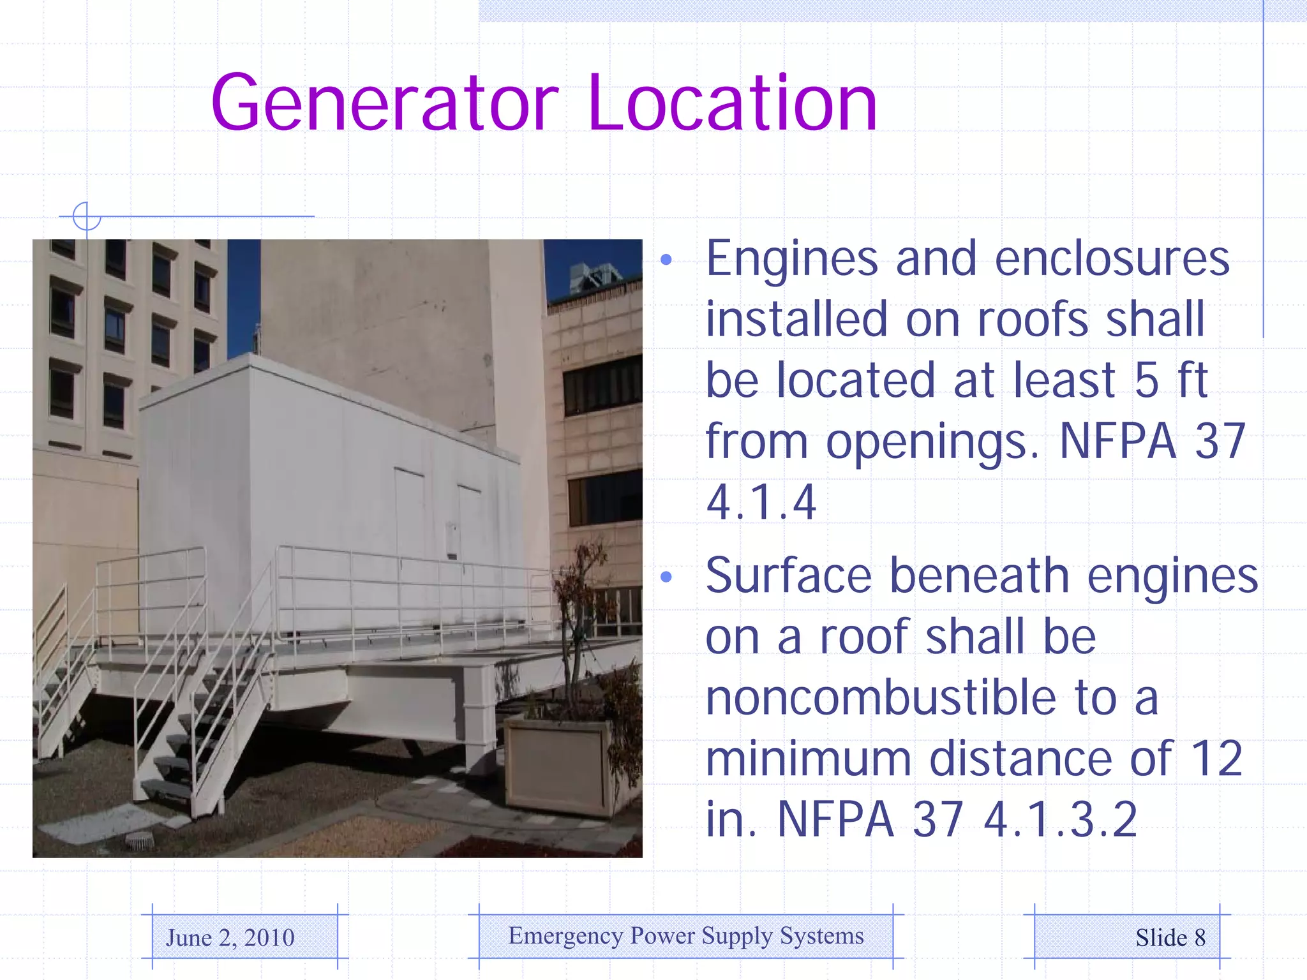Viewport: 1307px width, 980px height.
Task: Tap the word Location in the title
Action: pos(733,103)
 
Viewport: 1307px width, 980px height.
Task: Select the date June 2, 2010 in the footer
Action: pos(230,938)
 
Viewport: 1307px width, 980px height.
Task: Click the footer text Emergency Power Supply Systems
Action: pos(686,936)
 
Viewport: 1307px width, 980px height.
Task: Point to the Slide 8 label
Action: pos(1170,938)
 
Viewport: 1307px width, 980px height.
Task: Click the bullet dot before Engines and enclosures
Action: pos(666,260)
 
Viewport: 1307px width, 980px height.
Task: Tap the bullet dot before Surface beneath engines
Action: pos(666,577)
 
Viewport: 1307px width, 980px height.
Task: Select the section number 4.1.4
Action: pos(761,503)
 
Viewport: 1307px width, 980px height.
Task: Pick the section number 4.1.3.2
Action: pos(1060,820)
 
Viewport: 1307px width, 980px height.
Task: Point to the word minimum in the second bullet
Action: pos(808,759)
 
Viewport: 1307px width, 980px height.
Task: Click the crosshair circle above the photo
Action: pos(87,216)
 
